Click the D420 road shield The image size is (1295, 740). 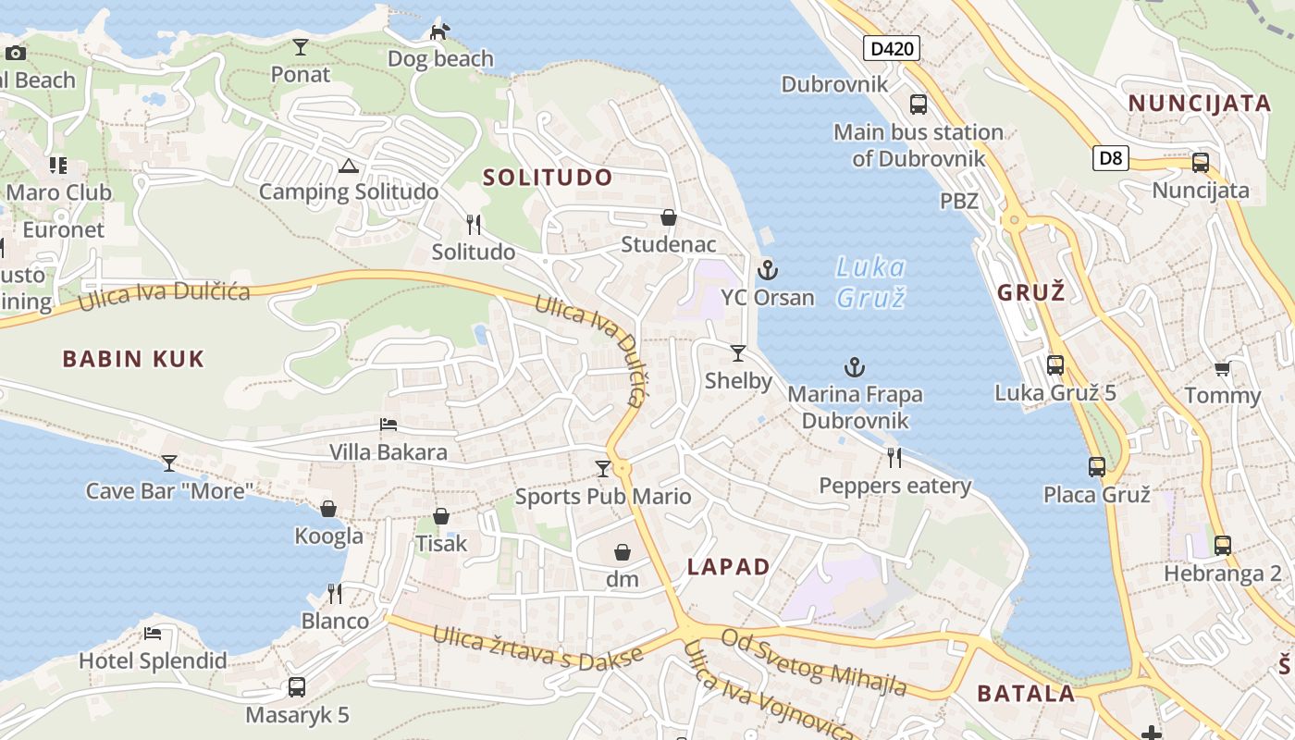click(x=892, y=48)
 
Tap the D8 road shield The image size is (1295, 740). click(x=1110, y=158)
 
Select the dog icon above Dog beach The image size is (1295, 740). click(x=439, y=32)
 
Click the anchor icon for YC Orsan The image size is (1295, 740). click(x=767, y=270)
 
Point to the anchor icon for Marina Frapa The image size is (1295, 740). click(x=855, y=367)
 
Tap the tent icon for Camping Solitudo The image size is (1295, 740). click(x=348, y=166)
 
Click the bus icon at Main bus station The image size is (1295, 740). click(x=918, y=105)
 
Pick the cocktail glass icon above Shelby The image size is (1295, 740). click(x=737, y=352)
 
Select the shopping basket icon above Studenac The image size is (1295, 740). click(x=668, y=217)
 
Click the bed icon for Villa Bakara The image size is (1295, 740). click(x=388, y=425)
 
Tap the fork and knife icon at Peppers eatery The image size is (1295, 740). click(x=894, y=457)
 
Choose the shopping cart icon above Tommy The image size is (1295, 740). click(x=1222, y=369)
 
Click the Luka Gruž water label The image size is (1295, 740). click(x=869, y=282)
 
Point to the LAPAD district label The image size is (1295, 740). click(x=729, y=567)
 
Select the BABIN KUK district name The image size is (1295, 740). click(x=133, y=359)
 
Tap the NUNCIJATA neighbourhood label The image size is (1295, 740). click(x=1200, y=103)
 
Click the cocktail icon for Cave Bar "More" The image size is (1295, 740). click(x=169, y=462)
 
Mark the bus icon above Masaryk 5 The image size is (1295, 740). click(x=296, y=687)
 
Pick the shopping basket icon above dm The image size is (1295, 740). click(x=623, y=552)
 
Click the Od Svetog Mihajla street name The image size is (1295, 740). click(x=814, y=662)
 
